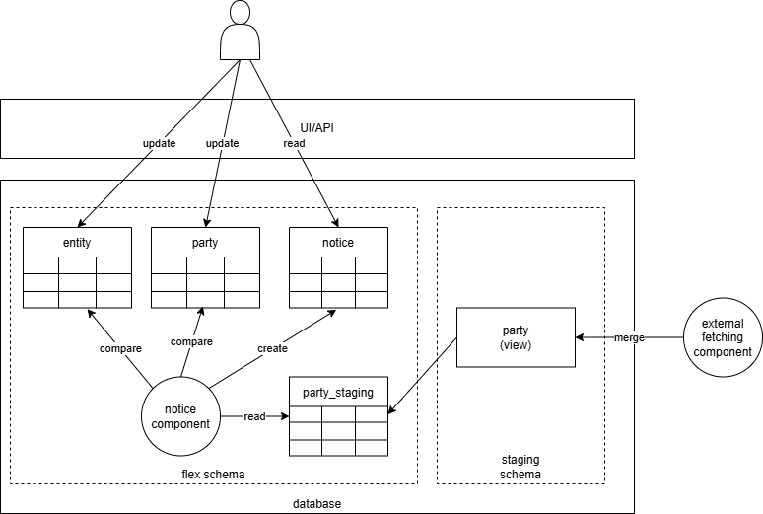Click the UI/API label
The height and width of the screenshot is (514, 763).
(x=316, y=128)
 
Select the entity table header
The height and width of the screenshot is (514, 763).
(x=77, y=242)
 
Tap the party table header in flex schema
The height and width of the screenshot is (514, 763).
(x=205, y=242)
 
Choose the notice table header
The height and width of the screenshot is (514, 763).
(x=338, y=242)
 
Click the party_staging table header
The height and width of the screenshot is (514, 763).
(x=338, y=392)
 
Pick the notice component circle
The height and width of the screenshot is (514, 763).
(x=180, y=416)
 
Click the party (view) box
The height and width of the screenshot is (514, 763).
(x=515, y=338)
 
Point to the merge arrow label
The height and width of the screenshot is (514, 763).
(x=630, y=338)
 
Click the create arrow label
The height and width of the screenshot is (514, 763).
(x=272, y=348)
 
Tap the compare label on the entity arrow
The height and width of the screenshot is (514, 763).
(x=120, y=348)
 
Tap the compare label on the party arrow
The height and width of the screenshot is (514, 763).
(x=191, y=341)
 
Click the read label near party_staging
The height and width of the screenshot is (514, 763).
(x=254, y=416)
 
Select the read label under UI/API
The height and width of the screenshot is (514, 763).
(x=294, y=143)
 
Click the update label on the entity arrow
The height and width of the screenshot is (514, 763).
(x=159, y=143)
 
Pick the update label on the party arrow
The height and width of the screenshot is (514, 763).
(x=222, y=143)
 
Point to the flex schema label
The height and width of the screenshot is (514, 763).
(x=213, y=475)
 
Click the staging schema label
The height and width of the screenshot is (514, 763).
(x=520, y=467)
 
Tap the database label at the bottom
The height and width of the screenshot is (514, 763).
(x=316, y=504)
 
